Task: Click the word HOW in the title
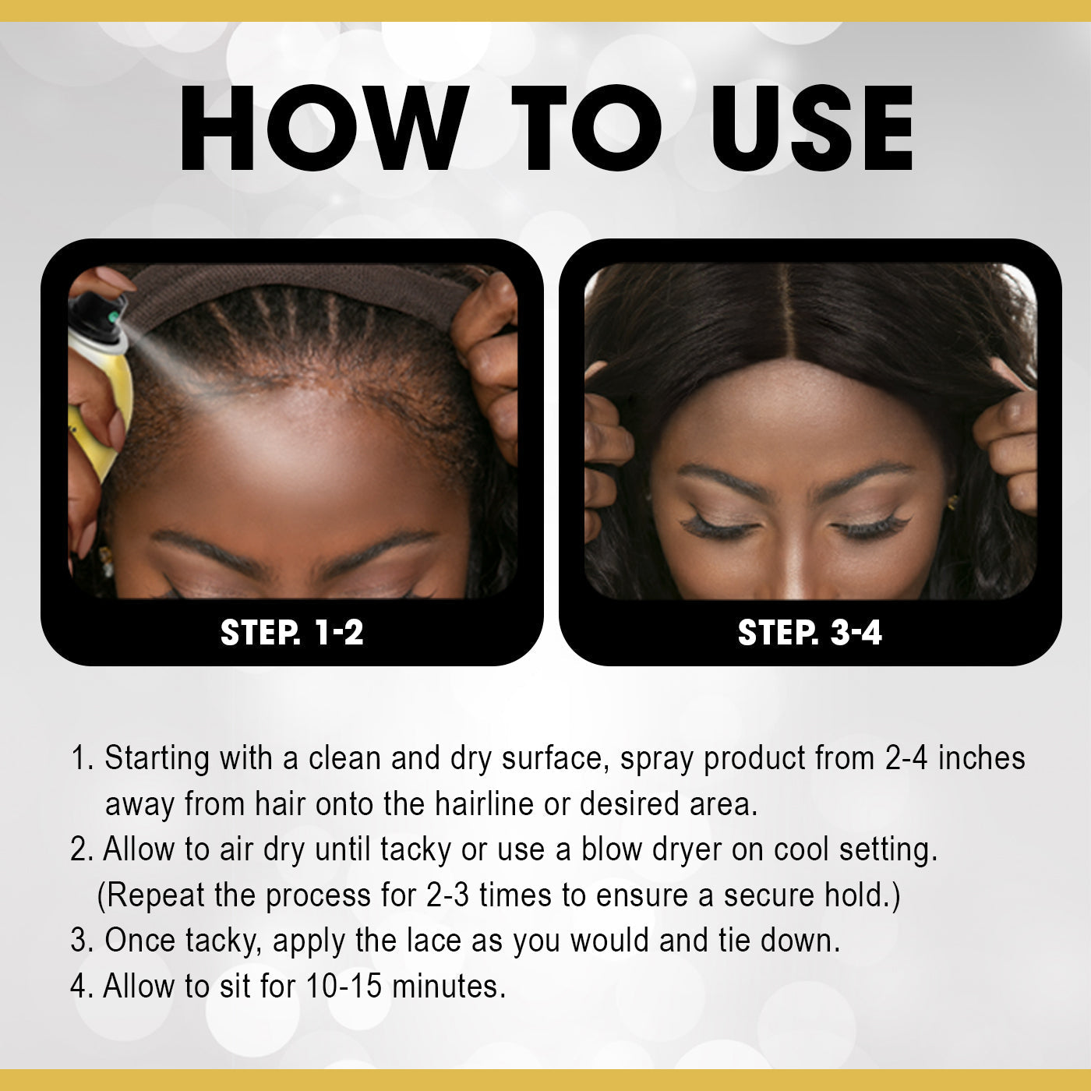324,128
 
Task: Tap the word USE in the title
813,128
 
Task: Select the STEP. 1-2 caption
291,632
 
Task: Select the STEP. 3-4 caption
810,632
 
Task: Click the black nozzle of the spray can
97,315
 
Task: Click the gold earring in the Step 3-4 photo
953,502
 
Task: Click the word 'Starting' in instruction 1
157,759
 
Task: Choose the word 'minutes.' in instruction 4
448,986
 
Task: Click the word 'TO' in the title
587,128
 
